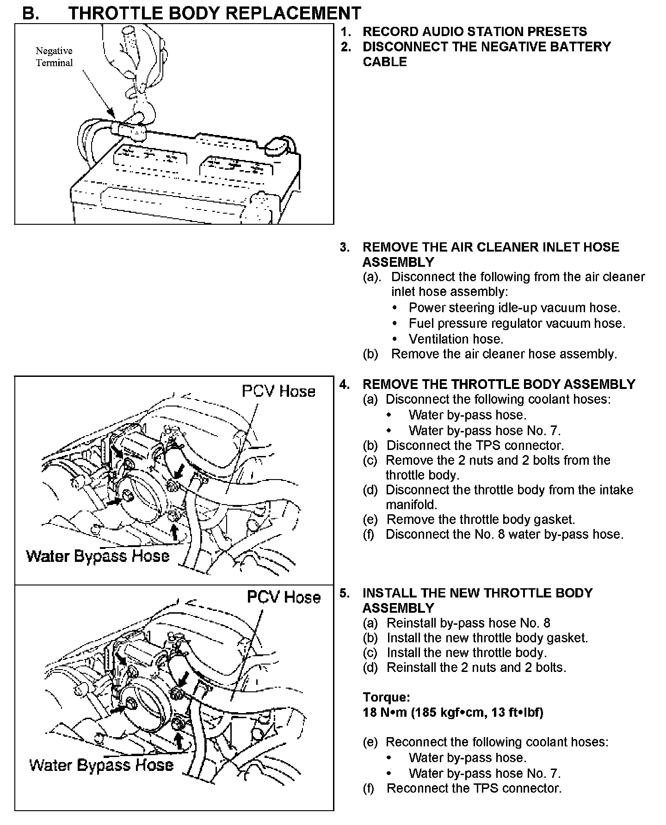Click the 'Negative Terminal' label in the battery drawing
coord(54,57)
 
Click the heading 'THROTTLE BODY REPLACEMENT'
coord(214,13)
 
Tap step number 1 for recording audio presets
coord(345,32)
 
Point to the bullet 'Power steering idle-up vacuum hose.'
coord(514,308)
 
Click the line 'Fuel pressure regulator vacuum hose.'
coord(517,323)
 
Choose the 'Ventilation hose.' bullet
coord(456,339)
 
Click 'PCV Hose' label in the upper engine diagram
coord(278,391)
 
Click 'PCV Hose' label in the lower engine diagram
coord(284,597)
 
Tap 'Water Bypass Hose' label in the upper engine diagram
coord(98,555)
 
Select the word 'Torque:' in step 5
coord(386,697)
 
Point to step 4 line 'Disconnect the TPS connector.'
coord(475,445)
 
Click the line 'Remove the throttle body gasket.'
coord(481,519)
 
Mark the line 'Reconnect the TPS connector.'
coord(474,788)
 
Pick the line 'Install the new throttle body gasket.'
coord(487,638)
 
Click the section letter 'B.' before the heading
coord(31,13)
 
